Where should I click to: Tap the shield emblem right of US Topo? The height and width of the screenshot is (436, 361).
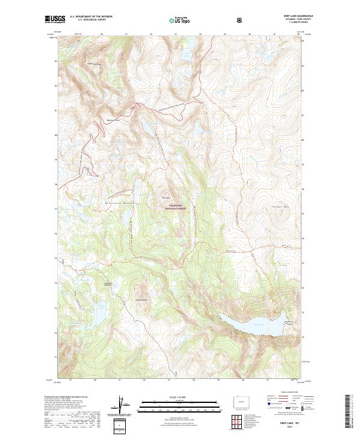pos(240,19)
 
